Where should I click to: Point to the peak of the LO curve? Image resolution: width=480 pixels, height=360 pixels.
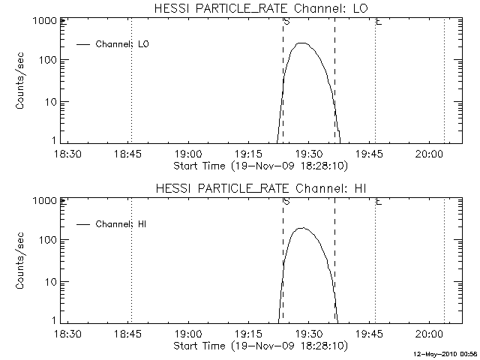(x=301, y=43)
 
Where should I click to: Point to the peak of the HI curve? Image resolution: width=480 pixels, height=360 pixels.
(x=301, y=228)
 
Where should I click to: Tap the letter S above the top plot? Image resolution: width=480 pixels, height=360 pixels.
(x=286, y=22)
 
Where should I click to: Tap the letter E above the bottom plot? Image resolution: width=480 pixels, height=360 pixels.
(x=379, y=202)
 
